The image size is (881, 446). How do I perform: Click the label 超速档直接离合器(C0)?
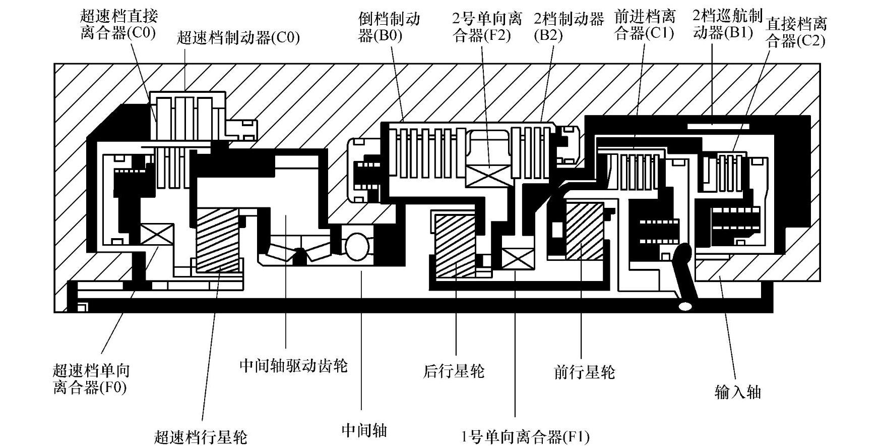coord(118,24)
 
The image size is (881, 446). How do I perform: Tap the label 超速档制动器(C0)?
coord(238,38)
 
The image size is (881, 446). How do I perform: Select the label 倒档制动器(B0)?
coord(389,28)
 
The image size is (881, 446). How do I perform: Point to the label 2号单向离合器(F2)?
coord(486,28)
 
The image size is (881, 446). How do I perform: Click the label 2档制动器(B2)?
coord(569,27)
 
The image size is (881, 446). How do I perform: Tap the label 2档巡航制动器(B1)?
coord(727,24)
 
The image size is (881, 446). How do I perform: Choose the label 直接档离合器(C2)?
coord(796,32)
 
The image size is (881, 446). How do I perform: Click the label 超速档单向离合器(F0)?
coord(91,379)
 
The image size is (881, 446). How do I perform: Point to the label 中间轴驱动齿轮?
coord(293,365)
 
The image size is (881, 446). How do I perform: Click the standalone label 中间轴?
coord(364,430)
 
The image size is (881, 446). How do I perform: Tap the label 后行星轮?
coord(454,371)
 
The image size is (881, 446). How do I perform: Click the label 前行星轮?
coord(584,372)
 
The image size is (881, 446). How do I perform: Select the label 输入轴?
coord(737,392)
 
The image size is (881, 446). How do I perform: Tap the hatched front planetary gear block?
coord(585,231)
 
